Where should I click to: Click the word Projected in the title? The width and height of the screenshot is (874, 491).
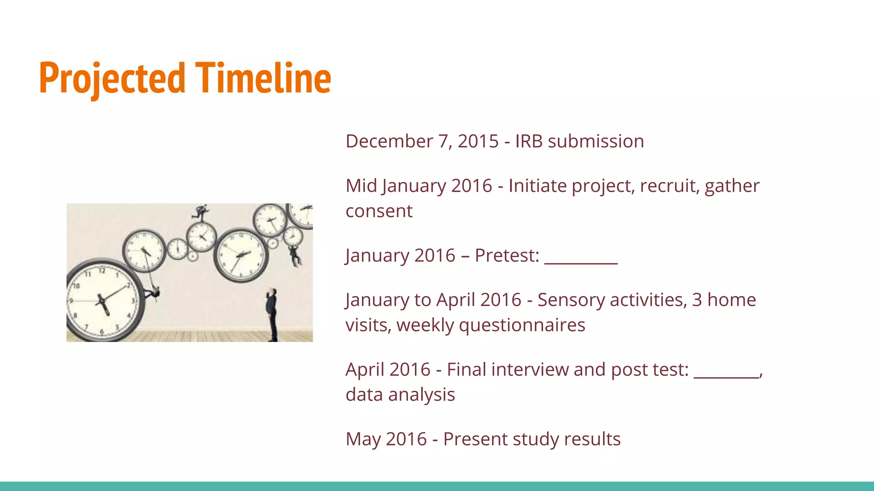pyautogui.click(x=112, y=78)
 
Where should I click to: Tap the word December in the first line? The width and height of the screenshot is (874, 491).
pyautogui.click(x=389, y=142)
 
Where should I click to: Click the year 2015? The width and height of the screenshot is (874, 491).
pyautogui.click(x=478, y=142)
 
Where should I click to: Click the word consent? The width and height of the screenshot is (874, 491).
pyautogui.click(x=379, y=211)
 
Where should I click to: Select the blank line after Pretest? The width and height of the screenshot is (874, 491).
pyautogui.click(x=581, y=261)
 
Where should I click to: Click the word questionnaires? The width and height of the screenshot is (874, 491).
pyautogui.click(x=522, y=326)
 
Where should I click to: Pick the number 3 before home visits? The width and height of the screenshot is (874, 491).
pyautogui.click(x=697, y=300)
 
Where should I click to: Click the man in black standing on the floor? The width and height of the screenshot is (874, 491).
pyautogui.click(x=272, y=314)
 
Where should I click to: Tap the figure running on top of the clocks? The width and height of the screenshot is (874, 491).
pyautogui.click(x=201, y=212)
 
